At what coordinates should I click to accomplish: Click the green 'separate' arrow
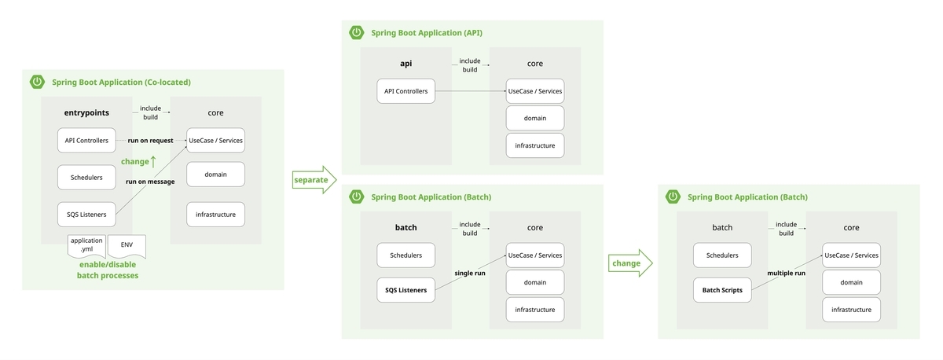314,180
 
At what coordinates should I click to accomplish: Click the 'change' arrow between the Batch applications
630,263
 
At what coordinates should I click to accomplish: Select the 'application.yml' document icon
86,246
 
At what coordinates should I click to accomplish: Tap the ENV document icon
127,246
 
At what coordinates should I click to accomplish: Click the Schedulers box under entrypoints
86,178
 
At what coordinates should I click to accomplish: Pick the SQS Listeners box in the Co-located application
86,215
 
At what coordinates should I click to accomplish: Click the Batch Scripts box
722,290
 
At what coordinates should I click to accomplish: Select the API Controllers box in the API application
405,91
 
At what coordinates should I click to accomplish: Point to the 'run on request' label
150,141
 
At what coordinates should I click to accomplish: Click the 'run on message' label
150,182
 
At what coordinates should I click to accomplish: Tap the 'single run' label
470,273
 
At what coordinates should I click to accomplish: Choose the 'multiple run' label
786,273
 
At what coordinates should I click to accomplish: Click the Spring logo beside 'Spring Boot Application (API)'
356,32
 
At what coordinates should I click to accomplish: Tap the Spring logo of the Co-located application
37,82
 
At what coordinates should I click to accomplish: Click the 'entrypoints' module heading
86,112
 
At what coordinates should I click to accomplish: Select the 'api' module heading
405,64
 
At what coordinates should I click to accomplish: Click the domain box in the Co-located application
215,174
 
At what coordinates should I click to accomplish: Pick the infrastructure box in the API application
534,145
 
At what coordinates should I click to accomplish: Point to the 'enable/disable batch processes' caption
108,270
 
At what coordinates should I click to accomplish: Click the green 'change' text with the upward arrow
138,161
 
